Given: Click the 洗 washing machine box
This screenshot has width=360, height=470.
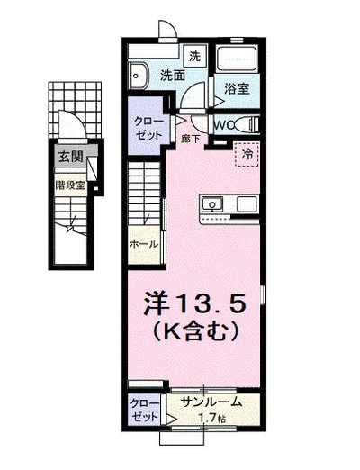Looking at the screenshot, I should [x=195, y=54].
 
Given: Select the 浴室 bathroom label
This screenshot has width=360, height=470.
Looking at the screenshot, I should [x=238, y=89].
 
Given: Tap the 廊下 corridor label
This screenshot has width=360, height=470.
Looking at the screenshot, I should [x=189, y=139].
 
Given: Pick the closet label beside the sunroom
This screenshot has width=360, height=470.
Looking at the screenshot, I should [x=141, y=410].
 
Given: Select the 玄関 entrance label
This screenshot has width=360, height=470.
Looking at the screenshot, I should [x=68, y=157].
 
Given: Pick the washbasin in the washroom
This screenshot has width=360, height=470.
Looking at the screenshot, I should [x=139, y=73].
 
